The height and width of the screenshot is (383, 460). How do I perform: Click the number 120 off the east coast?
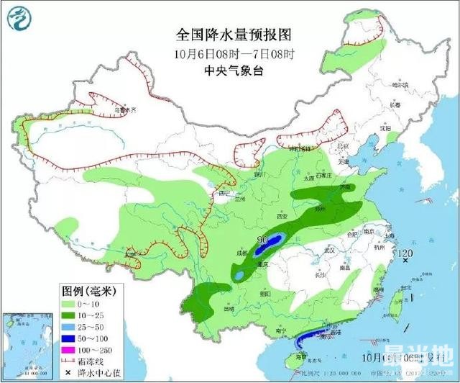406,253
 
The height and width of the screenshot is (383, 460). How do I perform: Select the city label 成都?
242,253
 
